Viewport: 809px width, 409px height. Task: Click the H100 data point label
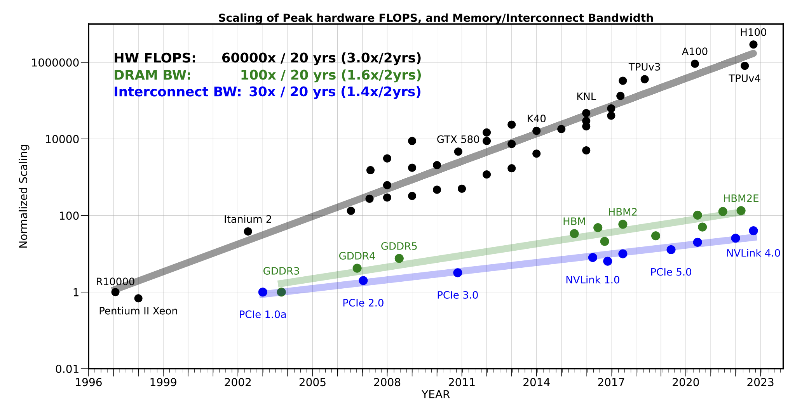point(753,33)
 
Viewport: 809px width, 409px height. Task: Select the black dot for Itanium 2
point(248,232)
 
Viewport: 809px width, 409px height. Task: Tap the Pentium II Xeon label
point(138,311)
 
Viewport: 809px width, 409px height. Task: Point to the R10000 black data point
point(115,292)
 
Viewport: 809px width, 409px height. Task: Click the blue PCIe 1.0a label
point(263,315)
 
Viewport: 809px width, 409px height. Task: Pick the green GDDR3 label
point(281,271)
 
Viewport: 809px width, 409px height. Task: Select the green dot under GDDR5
point(399,258)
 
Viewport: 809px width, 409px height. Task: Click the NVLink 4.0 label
point(753,253)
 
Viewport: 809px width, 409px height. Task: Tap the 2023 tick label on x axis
point(760,383)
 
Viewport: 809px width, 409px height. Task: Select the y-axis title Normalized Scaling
point(24,196)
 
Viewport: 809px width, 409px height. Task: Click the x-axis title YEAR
point(436,395)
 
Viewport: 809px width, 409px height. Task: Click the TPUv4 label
point(744,79)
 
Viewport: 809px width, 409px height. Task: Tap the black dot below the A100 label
point(695,64)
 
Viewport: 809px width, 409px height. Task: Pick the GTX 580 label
point(458,140)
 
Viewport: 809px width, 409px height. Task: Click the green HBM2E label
point(741,199)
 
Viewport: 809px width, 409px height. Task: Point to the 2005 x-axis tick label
point(312,383)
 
